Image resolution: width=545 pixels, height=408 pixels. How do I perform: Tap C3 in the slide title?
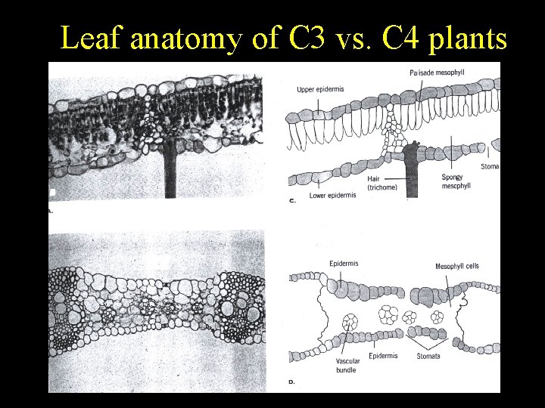tap(307, 38)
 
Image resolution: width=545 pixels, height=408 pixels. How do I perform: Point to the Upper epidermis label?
tap(320, 89)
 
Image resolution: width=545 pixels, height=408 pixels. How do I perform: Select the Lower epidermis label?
tap(332, 196)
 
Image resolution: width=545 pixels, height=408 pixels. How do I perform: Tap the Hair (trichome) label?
tap(381, 184)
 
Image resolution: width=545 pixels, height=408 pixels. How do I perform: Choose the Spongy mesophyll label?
tap(455, 181)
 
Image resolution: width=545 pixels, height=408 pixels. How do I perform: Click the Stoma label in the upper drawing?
tap(490, 166)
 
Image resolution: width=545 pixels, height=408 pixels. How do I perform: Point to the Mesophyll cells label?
tap(456, 266)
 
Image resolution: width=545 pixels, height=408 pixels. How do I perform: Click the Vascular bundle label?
tap(348, 366)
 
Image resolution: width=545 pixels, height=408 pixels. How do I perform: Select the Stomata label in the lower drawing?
tap(428, 356)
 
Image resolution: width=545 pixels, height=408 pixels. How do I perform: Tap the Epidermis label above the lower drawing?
tap(343, 264)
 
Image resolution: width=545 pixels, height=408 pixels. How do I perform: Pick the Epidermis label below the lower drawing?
tap(383, 356)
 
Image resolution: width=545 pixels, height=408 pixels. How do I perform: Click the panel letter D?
tap(291, 382)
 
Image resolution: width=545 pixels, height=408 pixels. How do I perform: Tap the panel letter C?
tap(291, 201)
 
